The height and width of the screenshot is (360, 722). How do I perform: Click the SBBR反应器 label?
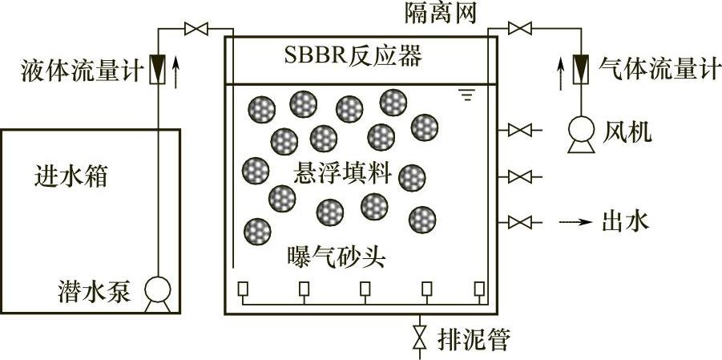353,58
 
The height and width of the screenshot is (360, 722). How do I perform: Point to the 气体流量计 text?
655,71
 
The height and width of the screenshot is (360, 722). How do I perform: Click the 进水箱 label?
71,175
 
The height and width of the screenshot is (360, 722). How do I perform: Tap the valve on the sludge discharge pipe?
417,338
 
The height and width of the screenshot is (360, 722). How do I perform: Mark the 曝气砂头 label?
337,257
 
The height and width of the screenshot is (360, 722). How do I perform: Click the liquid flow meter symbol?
158,70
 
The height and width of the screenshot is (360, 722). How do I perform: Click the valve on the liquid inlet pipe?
195,30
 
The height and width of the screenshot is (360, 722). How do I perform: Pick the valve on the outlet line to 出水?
521,221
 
